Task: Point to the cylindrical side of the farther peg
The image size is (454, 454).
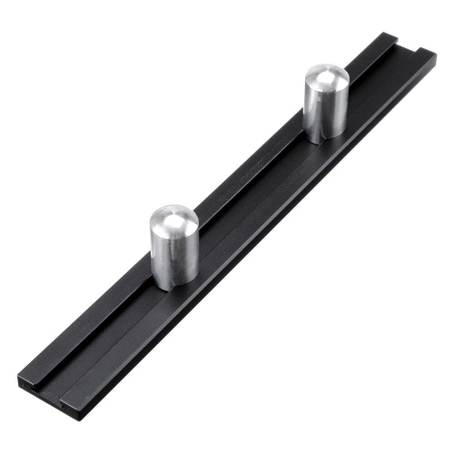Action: (324, 113)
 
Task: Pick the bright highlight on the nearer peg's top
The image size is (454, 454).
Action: (163, 216)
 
